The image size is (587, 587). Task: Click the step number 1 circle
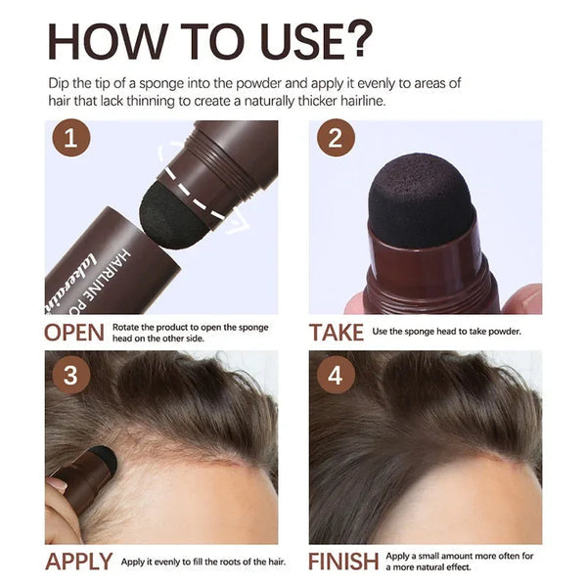tap(68, 140)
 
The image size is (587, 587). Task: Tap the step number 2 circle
tap(335, 140)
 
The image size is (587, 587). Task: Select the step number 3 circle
tap(68, 376)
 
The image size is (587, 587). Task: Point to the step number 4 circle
tap(335, 376)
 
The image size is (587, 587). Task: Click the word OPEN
tap(73, 332)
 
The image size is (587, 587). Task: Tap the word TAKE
tap(337, 332)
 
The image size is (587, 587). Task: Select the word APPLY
tap(77, 563)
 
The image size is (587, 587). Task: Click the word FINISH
tap(343, 563)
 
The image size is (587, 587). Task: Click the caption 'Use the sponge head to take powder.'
tap(446, 332)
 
